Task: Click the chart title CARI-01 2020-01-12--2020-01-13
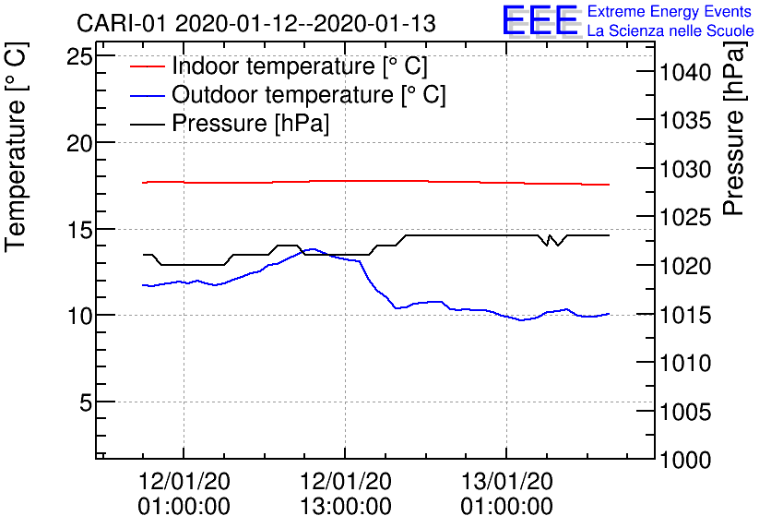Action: [x=257, y=23]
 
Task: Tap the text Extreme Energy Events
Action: [x=670, y=12]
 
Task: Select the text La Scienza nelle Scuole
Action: [x=670, y=31]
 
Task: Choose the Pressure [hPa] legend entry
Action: [x=250, y=123]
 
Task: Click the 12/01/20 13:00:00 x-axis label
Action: [x=345, y=494]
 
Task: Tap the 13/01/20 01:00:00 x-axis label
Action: [x=506, y=494]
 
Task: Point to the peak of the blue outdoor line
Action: [x=314, y=249]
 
